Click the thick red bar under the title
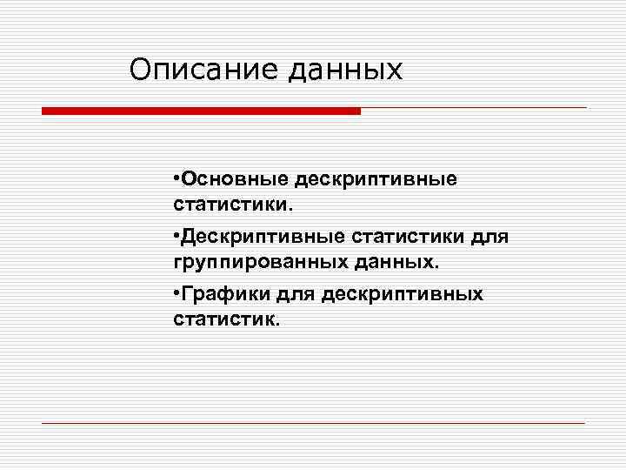point(201,111)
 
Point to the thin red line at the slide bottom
point(313,423)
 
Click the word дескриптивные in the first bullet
point(376,178)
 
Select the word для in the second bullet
point(490,236)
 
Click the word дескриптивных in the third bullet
point(402,293)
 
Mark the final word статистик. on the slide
point(227,320)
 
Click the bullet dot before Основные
point(176,178)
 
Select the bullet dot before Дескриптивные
point(176,236)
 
